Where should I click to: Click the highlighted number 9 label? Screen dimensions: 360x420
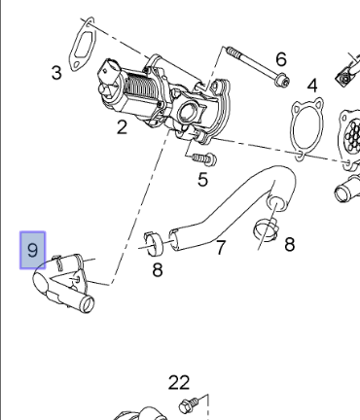[x=32, y=250]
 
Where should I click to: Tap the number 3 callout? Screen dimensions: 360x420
[x=56, y=73]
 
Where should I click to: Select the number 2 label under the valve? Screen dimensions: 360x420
[x=122, y=127]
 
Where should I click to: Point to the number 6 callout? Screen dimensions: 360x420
[x=281, y=59]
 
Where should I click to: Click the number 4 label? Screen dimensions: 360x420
[x=312, y=86]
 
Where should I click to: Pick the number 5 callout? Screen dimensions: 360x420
[x=202, y=179]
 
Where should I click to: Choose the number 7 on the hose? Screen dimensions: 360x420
[x=221, y=247]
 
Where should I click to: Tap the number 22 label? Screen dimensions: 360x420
[x=179, y=383]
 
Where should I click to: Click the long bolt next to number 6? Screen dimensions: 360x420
[x=256, y=66]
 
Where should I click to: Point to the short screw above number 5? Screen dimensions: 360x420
[x=204, y=158]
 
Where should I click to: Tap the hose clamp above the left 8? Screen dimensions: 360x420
[x=154, y=243]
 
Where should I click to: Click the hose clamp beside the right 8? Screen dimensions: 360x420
[x=266, y=229]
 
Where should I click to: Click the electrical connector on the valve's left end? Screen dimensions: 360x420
[x=107, y=77]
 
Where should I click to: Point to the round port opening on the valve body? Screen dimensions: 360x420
[x=187, y=112]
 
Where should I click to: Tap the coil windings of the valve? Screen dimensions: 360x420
[x=137, y=85]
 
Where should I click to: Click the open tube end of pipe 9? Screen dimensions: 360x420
[x=88, y=304]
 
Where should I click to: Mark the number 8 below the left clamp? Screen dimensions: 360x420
[x=158, y=270]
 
